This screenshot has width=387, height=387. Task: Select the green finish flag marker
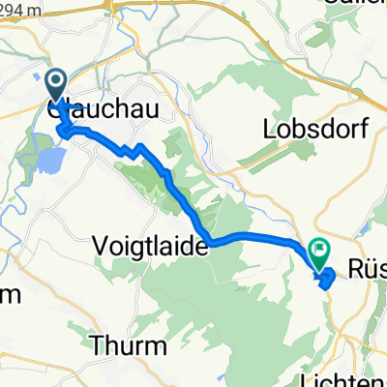pyautogui.click(x=319, y=253)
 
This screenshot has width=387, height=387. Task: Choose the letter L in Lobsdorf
pyautogui.click(x=267, y=130)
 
